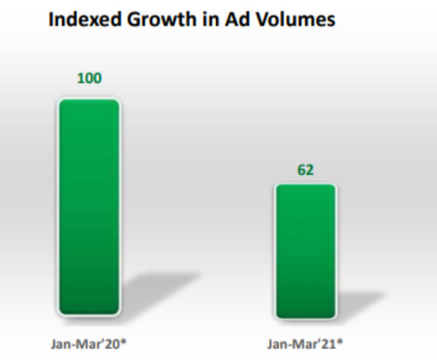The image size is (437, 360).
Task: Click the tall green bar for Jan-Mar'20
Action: (89, 207)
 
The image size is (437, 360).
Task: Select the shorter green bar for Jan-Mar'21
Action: (305, 251)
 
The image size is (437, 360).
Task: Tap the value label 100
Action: (89, 78)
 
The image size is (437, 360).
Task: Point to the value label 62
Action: (305, 170)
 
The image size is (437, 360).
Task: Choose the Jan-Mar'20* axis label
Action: (89, 344)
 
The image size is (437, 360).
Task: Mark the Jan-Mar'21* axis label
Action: (305, 344)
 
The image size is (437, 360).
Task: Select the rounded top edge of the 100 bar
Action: (89, 101)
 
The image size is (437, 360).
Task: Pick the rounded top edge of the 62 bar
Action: (305, 186)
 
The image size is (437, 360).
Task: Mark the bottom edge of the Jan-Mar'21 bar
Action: (305, 316)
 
